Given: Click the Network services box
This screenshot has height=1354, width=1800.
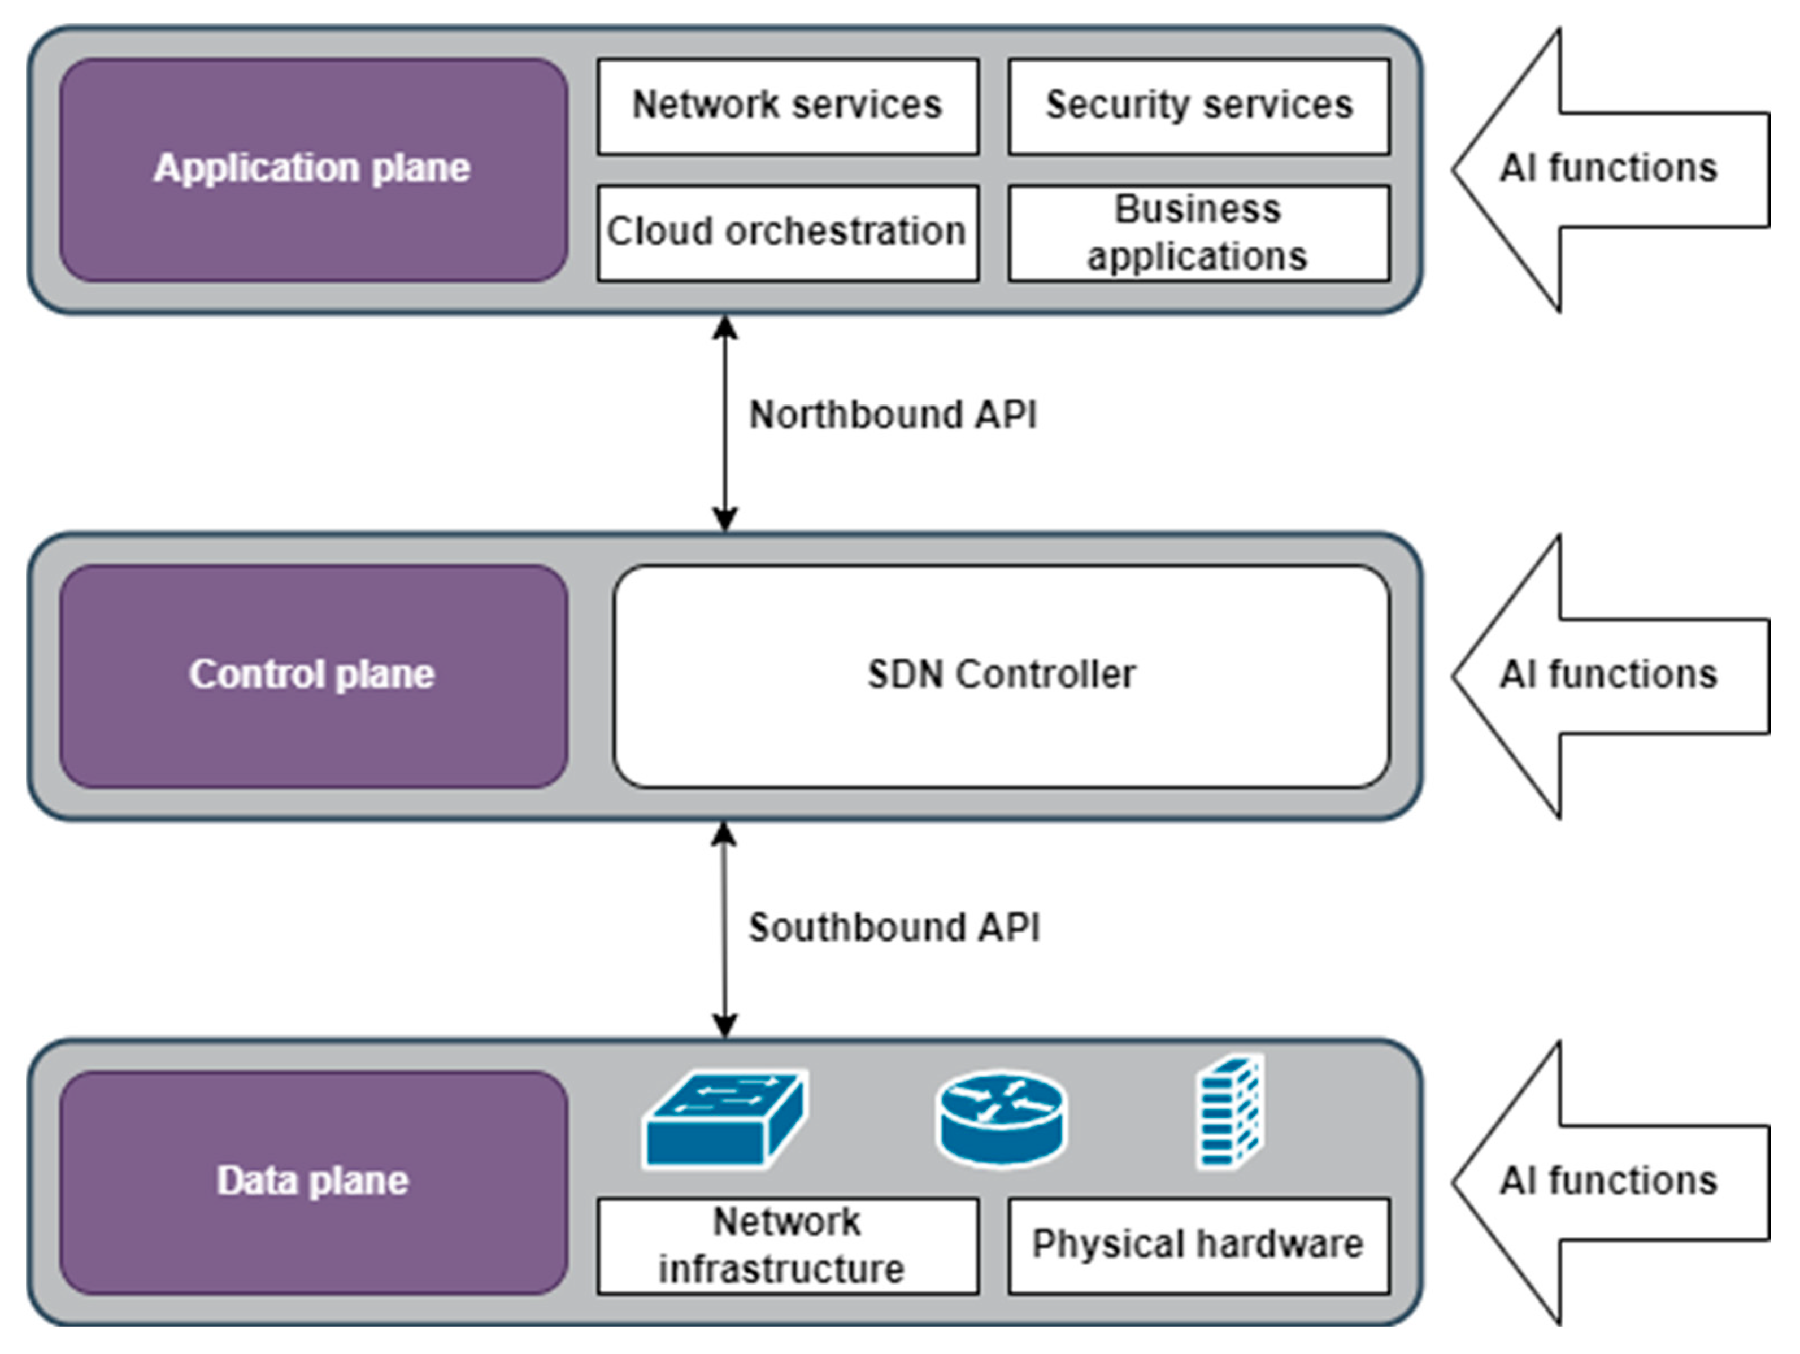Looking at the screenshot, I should (788, 106).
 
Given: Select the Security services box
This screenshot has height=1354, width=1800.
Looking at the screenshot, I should (1199, 106).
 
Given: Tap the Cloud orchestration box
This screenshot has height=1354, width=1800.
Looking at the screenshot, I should (788, 233).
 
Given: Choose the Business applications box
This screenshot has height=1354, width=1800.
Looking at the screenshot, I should (1199, 233).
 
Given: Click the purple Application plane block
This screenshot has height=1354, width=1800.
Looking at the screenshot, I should (314, 169).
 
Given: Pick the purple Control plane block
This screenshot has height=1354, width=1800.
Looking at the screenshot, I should (314, 676).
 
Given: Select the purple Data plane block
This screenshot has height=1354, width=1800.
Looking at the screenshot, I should (314, 1182).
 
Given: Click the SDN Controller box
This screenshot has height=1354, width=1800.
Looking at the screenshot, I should (1001, 676).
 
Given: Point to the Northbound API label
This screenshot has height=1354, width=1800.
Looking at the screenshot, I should (893, 415).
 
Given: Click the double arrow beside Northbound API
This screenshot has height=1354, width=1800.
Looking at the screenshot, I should (724, 423).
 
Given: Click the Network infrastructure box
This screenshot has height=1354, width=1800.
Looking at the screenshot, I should (788, 1246).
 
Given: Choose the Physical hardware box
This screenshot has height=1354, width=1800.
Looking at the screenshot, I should (1199, 1246).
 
